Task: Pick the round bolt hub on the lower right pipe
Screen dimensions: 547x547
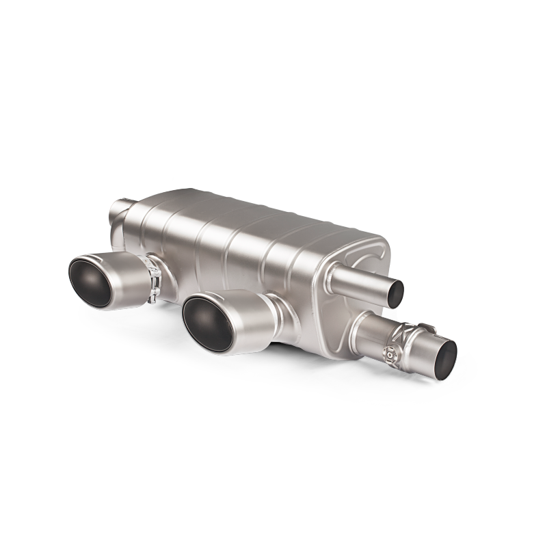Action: tap(390, 353)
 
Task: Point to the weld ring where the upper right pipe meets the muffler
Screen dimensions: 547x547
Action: tap(335, 274)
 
